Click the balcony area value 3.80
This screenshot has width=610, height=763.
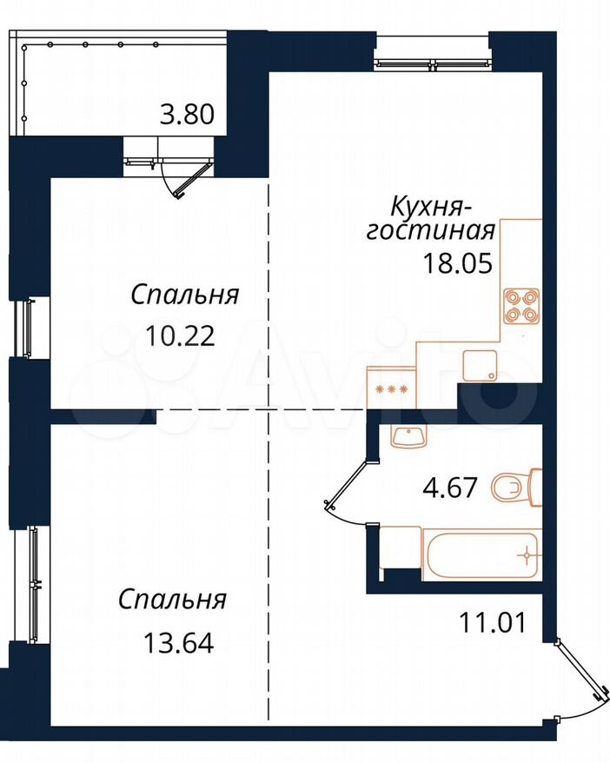[x=188, y=115]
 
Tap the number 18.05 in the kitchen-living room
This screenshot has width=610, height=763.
[x=458, y=263]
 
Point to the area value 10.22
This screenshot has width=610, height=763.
[x=180, y=335]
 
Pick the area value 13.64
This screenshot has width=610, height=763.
[x=178, y=643]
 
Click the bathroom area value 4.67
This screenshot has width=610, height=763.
[x=450, y=488]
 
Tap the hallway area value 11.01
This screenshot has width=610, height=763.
[x=493, y=623]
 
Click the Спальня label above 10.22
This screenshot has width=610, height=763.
[x=185, y=295]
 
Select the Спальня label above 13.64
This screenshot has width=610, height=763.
[x=173, y=600]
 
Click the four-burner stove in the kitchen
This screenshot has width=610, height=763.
[x=521, y=306]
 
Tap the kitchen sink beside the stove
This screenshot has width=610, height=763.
[x=480, y=366]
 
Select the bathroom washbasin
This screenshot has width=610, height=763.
[x=408, y=436]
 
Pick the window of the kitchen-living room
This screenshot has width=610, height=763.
[x=433, y=63]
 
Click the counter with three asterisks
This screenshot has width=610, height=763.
[x=392, y=388]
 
